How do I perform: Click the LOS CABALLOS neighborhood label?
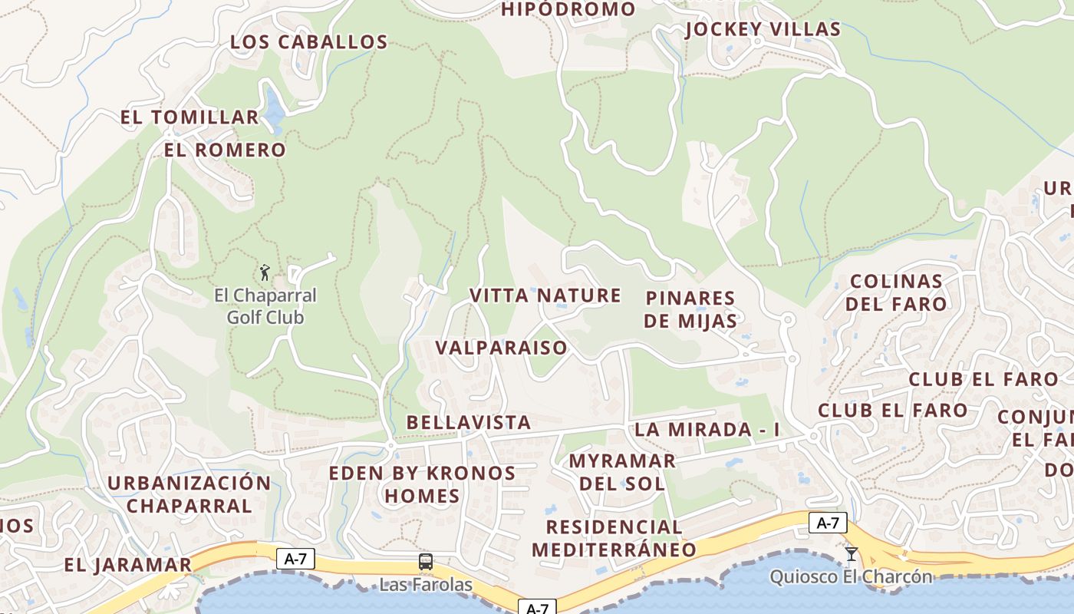(309, 41)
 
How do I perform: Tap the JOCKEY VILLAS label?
(763, 29)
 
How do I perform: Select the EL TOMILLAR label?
(189, 117)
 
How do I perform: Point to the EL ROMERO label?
(225, 150)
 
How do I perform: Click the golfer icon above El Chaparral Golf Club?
(265, 272)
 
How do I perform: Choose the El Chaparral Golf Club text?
(265, 306)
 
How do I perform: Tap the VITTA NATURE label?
(545, 295)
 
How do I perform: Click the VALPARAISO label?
(502, 348)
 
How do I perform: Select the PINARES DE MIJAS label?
(690, 309)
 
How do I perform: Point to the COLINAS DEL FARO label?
(896, 292)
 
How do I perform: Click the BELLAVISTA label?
(469, 422)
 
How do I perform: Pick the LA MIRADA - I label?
(707, 430)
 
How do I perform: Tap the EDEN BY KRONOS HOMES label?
(422, 484)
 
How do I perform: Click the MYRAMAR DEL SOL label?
(622, 472)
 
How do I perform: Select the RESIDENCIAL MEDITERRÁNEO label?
(614, 538)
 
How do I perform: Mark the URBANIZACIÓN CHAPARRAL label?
(189, 494)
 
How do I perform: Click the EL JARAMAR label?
(127, 565)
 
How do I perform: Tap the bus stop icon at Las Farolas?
(426, 562)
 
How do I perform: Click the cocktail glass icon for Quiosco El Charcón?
(851, 553)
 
